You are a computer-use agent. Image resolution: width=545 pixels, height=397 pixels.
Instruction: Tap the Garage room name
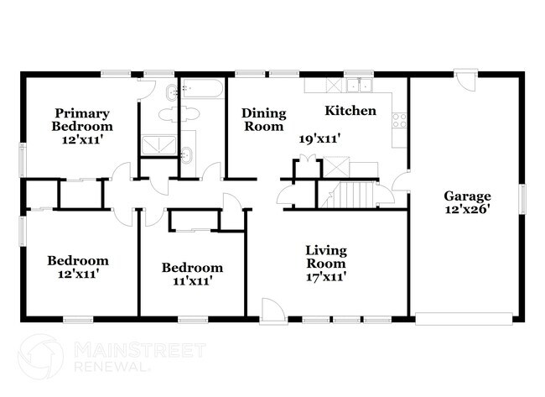click(x=468, y=196)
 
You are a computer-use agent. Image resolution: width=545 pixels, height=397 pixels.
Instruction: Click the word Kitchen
click(x=350, y=111)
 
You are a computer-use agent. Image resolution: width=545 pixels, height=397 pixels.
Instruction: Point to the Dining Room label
click(x=263, y=119)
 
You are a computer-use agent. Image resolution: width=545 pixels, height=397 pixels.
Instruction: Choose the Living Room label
click(x=325, y=257)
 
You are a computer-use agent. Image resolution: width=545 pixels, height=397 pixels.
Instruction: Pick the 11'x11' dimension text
click(x=192, y=282)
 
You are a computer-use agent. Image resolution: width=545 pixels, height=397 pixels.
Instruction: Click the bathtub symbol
click(x=202, y=89)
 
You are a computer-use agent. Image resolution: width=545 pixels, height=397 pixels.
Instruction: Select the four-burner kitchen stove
click(x=399, y=120)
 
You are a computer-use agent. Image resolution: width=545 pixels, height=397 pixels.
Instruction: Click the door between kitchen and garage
click(x=401, y=183)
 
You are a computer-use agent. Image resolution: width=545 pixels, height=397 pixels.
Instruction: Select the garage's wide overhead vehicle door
click(x=464, y=318)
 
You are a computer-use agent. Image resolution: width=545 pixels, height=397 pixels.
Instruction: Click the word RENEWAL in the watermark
click(x=112, y=367)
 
